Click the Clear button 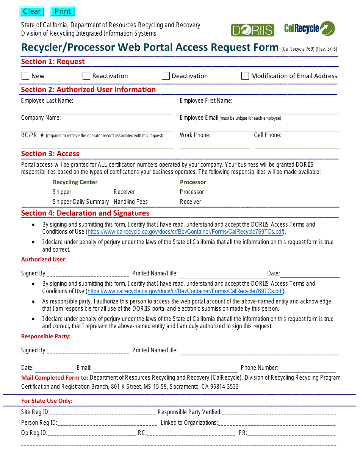pyautogui.click(x=32, y=11)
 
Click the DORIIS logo pyautogui.click(x=252, y=30)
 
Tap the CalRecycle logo pyautogui.click(x=310, y=28)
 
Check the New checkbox pyautogui.click(x=25, y=76)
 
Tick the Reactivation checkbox pyautogui.click(x=86, y=76)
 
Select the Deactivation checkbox pyautogui.click(x=166, y=76)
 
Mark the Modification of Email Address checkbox pyautogui.click(x=245, y=76)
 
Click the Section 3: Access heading pyautogui.click(x=50, y=153)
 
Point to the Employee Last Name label pyautogui.click(x=47, y=101)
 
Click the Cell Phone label pyautogui.click(x=268, y=135)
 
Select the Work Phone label pyautogui.click(x=195, y=135)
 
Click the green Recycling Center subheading pyautogui.click(x=75, y=182)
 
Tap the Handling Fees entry pyautogui.click(x=131, y=202)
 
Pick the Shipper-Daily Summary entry pyautogui.click(x=81, y=202)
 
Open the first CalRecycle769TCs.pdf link pyautogui.click(x=185, y=232)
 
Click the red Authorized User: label pyautogui.click(x=44, y=260)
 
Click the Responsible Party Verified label pyautogui.click(x=189, y=412)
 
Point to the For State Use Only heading pyautogui.click(x=47, y=401)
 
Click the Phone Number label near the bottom pyautogui.click(x=259, y=367)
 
